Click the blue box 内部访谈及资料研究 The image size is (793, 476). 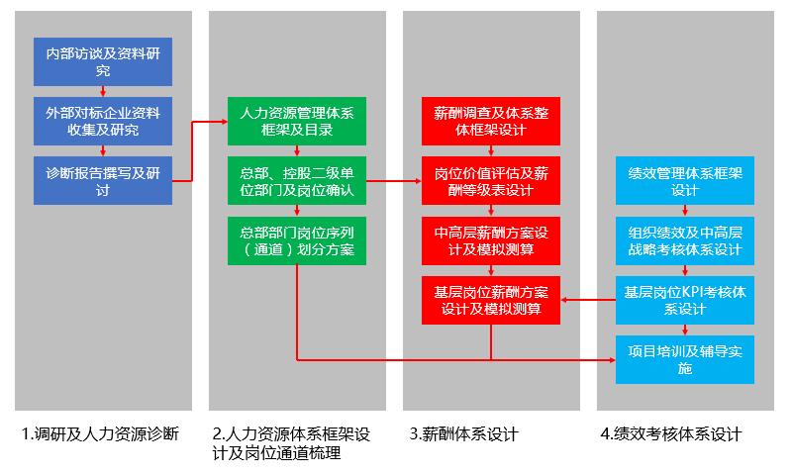tap(103, 61)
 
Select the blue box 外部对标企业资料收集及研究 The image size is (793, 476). tap(103, 121)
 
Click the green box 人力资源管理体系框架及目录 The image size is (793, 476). tap(297, 121)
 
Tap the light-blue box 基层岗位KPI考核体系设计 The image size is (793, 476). tap(685, 300)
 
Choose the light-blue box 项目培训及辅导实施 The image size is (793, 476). tap(685, 360)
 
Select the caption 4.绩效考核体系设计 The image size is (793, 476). tap(670, 433)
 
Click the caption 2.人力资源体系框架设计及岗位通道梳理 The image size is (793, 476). tap(292, 443)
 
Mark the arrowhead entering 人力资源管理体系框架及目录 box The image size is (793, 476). tap(223, 121)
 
